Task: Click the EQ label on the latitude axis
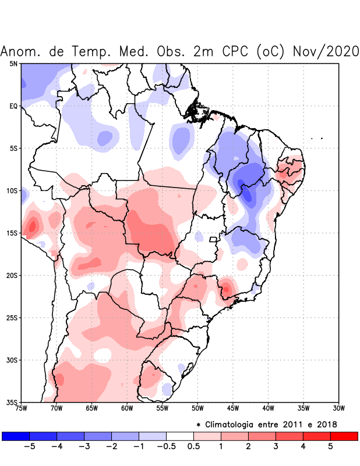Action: pyautogui.click(x=13, y=106)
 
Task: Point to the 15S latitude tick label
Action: pyautogui.click(x=13, y=233)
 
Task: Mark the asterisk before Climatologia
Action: pyautogui.click(x=198, y=424)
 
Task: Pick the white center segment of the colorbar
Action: pyautogui.click(x=179, y=436)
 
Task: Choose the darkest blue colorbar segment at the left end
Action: pyautogui.click(x=16, y=436)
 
